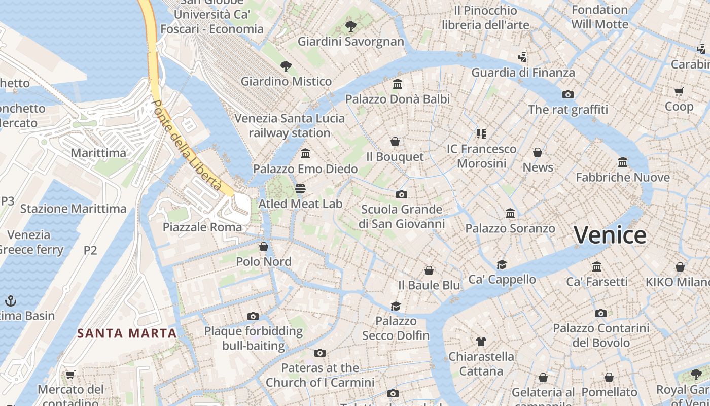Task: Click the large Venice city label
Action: tap(610, 235)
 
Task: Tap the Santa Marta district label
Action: tap(127, 333)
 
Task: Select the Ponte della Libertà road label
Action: tap(187, 145)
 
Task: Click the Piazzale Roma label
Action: tap(202, 227)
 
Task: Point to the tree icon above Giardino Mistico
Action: tap(286, 66)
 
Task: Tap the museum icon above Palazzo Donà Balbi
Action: tap(398, 84)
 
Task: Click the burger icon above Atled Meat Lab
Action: tap(300, 189)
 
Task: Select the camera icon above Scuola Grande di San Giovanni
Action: tap(402, 194)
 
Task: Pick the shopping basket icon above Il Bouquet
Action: tap(395, 142)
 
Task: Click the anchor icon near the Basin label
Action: tap(11, 300)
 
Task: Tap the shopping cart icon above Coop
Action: tap(679, 91)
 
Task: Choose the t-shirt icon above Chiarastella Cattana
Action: tap(481, 342)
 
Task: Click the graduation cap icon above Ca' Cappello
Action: tap(502, 264)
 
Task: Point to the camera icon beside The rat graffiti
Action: tap(568, 94)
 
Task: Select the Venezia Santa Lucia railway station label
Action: tap(290, 125)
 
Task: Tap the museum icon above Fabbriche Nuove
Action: tap(623, 162)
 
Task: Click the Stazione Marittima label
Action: tap(73, 209)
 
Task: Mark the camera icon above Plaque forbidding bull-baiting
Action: tap(253, 316)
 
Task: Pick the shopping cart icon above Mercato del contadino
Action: tap(70, 375)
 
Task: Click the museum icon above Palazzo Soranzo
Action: tap(510, 214)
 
